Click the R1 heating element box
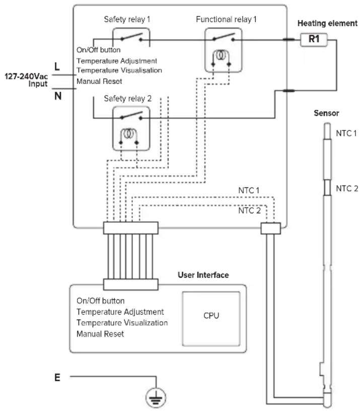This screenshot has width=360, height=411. tap(314, 40)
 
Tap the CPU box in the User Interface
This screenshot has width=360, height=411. tap(211, 319)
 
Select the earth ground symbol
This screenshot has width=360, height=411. tap(156, 397)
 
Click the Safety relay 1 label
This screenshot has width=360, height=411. tap(127, 19)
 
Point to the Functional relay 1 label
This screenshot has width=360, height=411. tap(226, 19)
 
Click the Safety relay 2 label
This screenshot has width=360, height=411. tap(128, 99)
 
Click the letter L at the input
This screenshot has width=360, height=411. tap(57, 66)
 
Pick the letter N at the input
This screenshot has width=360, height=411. tap(58, 96)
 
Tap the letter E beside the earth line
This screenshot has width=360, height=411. tap(57, 377)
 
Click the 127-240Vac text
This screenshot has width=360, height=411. tap(26, 76)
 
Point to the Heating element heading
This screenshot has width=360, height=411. tap(327, 23)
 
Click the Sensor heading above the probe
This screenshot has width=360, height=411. tap(326, 113)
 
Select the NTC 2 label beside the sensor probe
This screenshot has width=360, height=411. tap(347, 188)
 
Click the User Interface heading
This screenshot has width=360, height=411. tap(203, 275)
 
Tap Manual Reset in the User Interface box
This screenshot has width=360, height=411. tap(100, 334)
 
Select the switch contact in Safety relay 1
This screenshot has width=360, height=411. tap(131, 37)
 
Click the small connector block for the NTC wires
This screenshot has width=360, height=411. tap(270, 228)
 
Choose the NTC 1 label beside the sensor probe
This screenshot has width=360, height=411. tap(346, 133)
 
